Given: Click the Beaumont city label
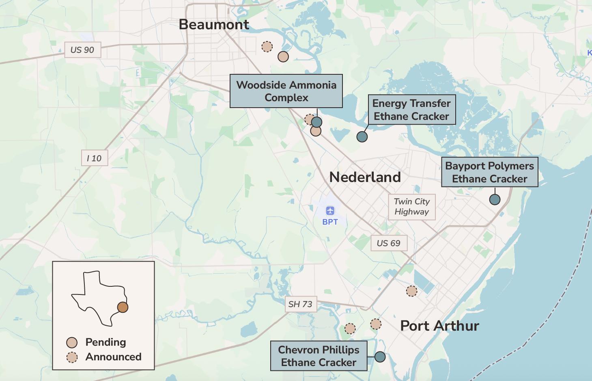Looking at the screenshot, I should (x=214, y=24).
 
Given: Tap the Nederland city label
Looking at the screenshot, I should (x=365, y=177).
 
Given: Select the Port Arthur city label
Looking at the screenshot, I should (x=439, y=326).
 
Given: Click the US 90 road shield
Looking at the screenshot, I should (x=82, y=50).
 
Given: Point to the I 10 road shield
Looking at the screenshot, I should (x=94, y=158).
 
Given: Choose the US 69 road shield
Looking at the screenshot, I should (x=388, y=243).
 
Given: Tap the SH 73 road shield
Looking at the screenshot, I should (x=300, y=304).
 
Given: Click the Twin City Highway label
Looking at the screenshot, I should (x=411, y=207).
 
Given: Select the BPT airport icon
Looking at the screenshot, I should (x=330, y=211).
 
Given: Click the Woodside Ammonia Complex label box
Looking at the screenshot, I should (x=286, y=91).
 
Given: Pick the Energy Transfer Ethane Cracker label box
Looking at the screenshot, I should (x=411, y=110).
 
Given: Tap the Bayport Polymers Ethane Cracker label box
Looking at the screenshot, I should (x=489, y=172).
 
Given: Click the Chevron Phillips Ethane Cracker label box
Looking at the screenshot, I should (x=319, y=356).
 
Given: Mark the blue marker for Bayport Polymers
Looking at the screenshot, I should (x=495, y=199).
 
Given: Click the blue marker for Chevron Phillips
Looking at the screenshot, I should (x=380, y=357).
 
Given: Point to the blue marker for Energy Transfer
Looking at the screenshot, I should (x=362, y=136).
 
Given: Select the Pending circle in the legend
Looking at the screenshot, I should (x=72, y=342).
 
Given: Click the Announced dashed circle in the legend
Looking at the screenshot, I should (x=72, y=357).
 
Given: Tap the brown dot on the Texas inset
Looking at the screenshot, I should (x=123, y=307).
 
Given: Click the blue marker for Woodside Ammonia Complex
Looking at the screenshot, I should (x=316, y=122).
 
